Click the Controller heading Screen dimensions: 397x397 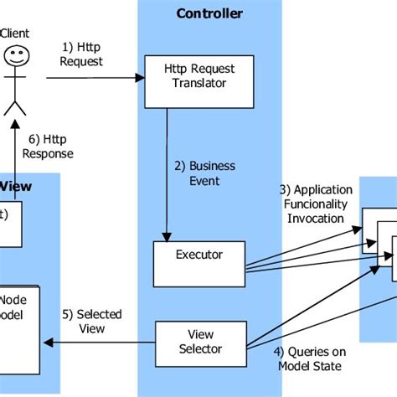pyautogui.click(x=209, y=13)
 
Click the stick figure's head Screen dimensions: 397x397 pyautogui.click(x=14, y=56)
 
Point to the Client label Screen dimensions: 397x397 pyautogui.click(x=16, y=33)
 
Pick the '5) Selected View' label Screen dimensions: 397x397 pyautogui.click(x=92, y=321)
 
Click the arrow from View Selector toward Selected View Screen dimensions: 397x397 pyautogui.click(x=101, y=341)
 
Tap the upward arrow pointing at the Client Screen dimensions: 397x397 pyautogui.click(x=15, y=142)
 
